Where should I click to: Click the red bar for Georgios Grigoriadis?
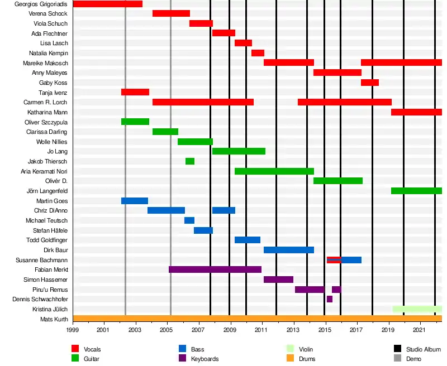coord(107,4)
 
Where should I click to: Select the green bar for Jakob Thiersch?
coord(190,161)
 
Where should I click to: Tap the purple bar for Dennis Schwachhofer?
coord(330,299)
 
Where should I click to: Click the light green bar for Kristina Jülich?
coord(417,309)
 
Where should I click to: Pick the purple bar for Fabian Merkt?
coord(215,269)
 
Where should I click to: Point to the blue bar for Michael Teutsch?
coord(189,220)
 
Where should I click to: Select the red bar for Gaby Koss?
coord(370,83)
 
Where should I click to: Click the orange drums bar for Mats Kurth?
coord(257,319)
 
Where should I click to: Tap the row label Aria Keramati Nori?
coord(44,171)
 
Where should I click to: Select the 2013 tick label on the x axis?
coord(293,330)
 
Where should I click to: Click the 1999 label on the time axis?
coord(73,330)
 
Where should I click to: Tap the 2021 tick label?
coord(420,330)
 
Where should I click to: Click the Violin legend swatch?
coord(290,349)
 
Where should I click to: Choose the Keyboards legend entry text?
coord(205,359)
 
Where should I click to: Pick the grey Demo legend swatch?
coord(397,359)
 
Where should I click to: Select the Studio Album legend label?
coord(424,349)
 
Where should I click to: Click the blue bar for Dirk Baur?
coord(289,250)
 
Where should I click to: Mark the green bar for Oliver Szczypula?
coord(135,122)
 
